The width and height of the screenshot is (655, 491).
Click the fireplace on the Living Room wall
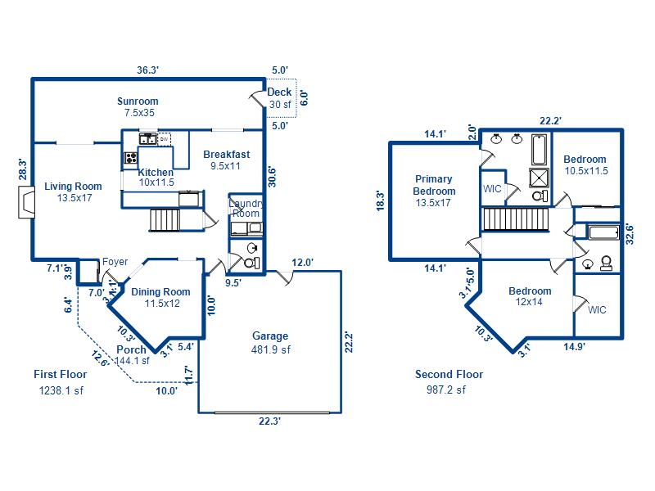[x=26, y=202]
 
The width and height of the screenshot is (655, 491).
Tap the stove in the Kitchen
[x=131, y=158]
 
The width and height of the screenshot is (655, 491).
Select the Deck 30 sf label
[x=279, y=98]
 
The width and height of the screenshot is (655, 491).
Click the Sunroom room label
[x=138, y=107]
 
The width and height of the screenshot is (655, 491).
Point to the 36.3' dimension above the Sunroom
[x=148, y=70]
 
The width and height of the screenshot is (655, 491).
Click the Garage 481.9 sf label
[x=271, y=343]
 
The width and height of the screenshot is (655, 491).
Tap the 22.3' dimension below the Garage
[x=269, y=421]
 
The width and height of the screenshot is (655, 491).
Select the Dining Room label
[x=161, y=298]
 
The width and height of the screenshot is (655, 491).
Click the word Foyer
[x=115, y=262]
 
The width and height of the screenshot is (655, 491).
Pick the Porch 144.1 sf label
[x=133, y=355]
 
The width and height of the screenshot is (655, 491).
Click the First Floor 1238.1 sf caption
[x=61, y=382]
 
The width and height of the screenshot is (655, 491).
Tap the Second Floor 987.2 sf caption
[x=449, y=381]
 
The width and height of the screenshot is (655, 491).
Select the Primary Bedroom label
[x=434, y=191]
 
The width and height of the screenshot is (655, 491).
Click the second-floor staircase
[x=516, y=219]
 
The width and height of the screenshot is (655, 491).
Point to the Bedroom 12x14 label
[x=530, y=296]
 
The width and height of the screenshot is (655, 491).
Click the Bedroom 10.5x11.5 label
[x=585, y=165]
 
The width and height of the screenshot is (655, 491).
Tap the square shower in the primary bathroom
[x=540, y=178]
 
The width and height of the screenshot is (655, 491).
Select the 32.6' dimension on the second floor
[x=630, y=234]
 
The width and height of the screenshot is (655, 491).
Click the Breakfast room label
[x=227, y=160]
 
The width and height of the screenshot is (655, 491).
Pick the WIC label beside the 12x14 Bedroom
[x=597, y=310]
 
